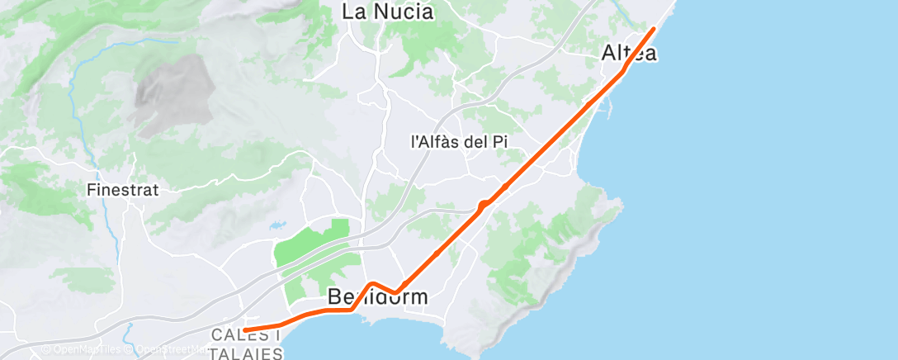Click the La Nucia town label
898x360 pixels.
tap(387, 12)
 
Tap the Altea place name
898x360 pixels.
tap(629, 54)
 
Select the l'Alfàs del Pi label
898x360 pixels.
tap(458, 142)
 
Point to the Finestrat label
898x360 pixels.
tap(122, 189)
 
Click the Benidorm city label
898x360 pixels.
tap(378, 296)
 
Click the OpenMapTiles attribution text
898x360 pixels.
tap(82, 349)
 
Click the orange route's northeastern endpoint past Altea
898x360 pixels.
tap(654, 29)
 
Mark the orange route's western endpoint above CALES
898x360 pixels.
tap(245, 330)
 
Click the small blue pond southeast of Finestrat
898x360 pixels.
tap(274, 223)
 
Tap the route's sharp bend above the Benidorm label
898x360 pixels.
tap(372, 284)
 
